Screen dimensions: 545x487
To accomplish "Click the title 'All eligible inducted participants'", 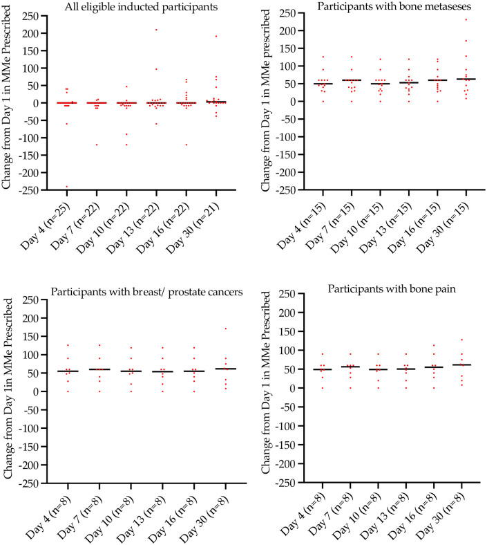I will [123, 8].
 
